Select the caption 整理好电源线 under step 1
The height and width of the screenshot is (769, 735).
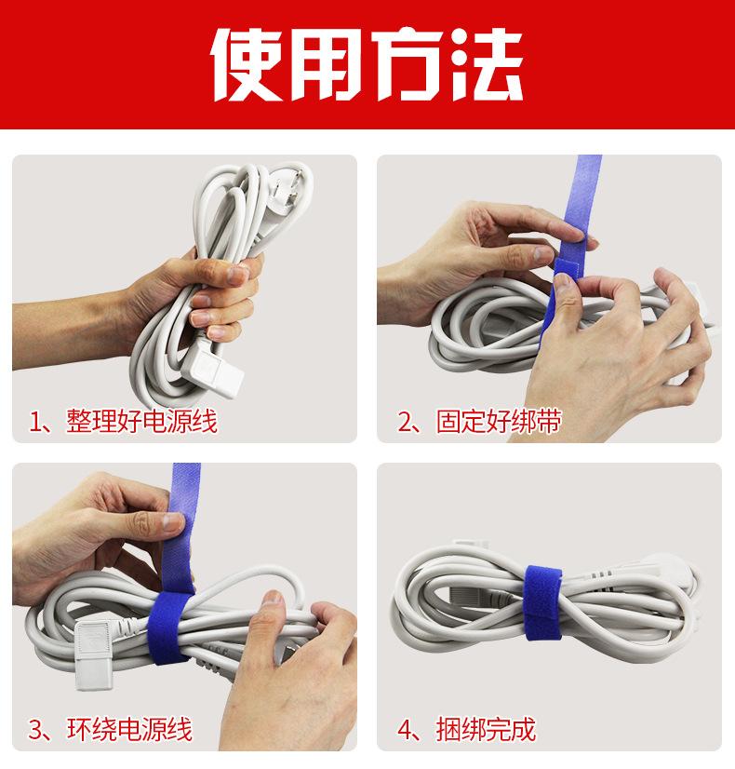tap(141, 421)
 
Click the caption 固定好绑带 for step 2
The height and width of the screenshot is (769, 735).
tap(499, 421)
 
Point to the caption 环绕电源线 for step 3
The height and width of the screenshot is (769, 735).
tap(129, 729)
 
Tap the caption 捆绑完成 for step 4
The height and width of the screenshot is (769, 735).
tap(486, 729)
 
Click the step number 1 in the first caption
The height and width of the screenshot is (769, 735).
tap(35, 422)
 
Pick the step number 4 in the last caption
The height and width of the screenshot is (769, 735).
tap(406, 730)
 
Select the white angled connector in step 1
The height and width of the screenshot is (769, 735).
tap(212, 369)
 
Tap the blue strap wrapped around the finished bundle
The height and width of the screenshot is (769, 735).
tap(543, 603)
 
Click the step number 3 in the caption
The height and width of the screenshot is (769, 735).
tap(35, 730)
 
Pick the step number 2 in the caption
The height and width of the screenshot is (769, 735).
tap(406, 422)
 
